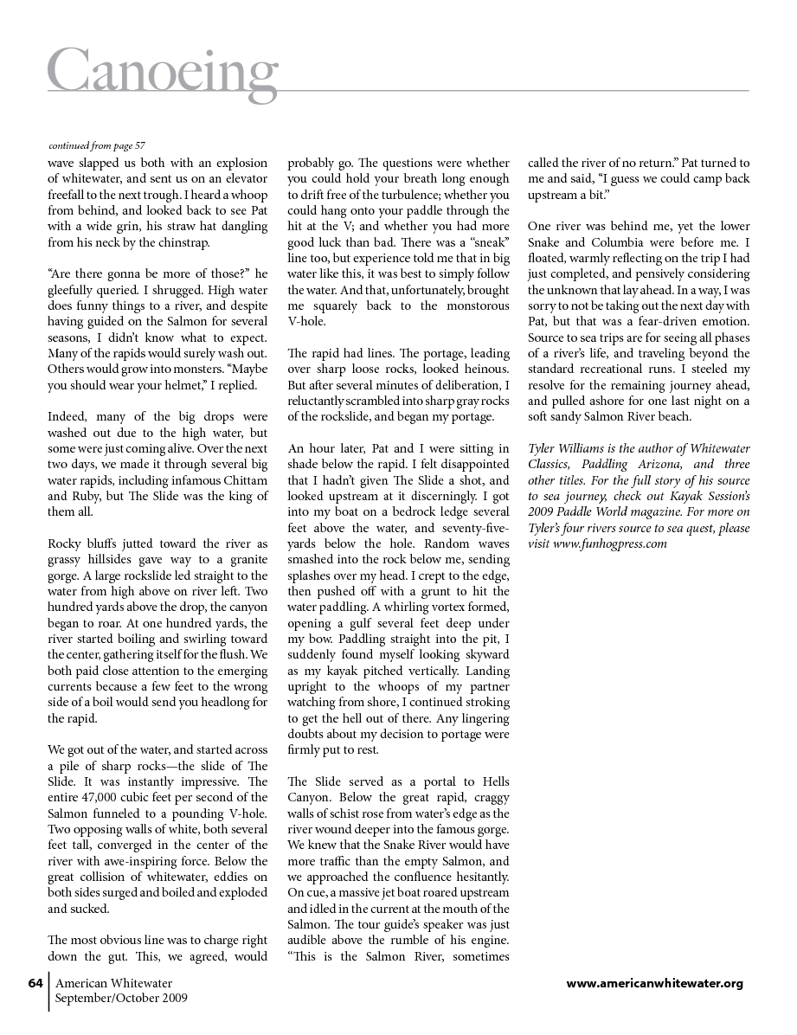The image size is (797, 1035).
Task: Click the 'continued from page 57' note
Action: click(97, 145)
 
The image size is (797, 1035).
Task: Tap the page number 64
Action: click(35, 983)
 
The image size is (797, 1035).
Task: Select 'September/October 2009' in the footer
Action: click(121, 998)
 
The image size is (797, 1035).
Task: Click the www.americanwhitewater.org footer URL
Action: click(654, 983)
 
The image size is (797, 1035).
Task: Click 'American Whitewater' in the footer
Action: click(113, 983)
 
